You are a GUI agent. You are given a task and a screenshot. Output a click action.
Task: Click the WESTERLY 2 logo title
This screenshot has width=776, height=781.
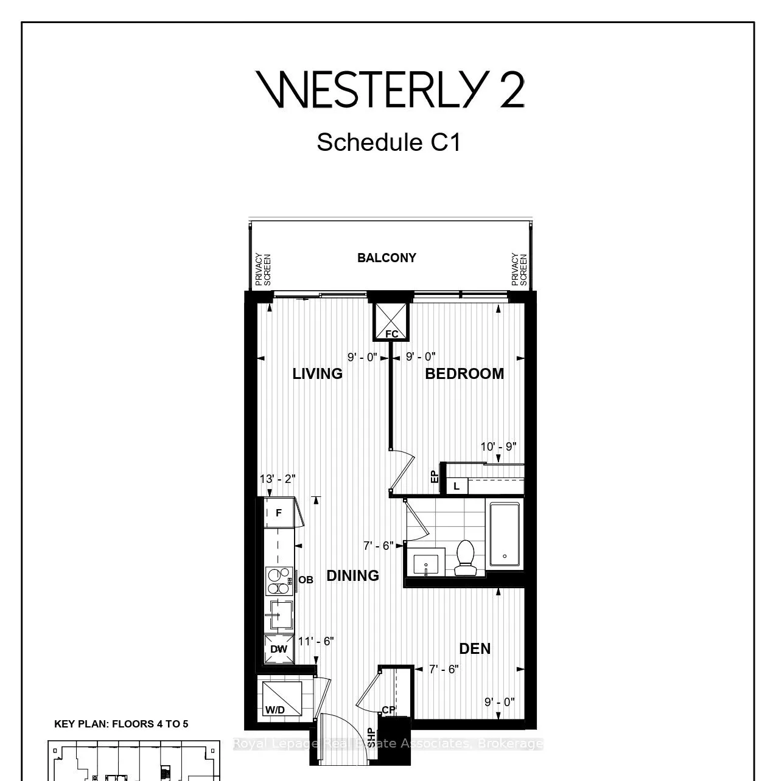pos(390,90)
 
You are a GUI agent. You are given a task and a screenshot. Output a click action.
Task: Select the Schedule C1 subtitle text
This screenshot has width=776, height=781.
pos(388,143)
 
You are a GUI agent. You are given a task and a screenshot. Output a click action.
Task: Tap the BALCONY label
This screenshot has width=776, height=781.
pos(386,258)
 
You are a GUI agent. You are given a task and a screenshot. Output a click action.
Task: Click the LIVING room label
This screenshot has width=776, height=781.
pos(317,373)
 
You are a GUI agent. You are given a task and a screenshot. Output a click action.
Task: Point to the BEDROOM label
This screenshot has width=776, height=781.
pos(464,373)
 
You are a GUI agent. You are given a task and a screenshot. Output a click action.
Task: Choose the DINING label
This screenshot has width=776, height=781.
pos(352,575)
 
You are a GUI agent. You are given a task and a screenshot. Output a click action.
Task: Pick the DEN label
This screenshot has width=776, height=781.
pos(475,648)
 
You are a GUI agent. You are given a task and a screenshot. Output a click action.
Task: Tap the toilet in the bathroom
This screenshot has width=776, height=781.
pos(466,558)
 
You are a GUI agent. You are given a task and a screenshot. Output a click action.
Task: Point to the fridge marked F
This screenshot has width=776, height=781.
pos(279,513)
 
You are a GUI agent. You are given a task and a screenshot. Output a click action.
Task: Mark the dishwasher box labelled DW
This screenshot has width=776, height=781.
pos(279,649)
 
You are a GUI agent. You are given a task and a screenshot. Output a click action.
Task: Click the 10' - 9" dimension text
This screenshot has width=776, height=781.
pos(498,446)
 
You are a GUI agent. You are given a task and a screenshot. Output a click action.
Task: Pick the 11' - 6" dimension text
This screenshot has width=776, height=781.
pos(316,641)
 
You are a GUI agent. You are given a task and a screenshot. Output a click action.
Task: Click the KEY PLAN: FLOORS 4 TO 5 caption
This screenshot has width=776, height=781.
pos(121,724)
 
